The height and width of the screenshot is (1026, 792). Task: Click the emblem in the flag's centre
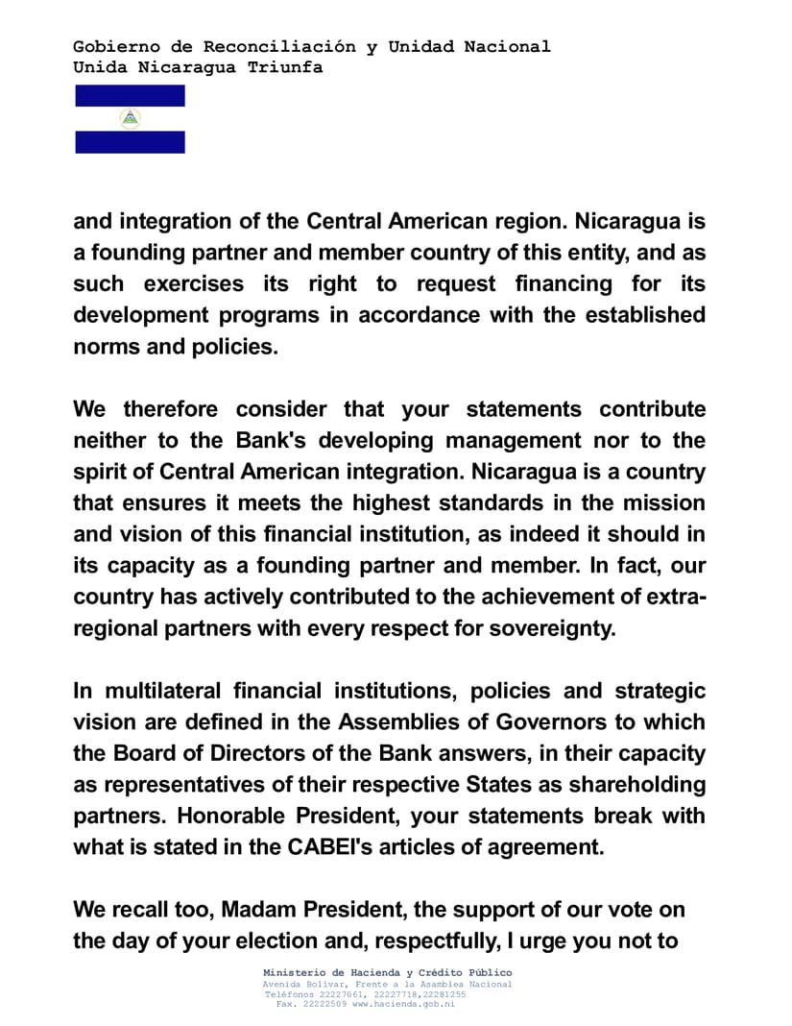[130, 119]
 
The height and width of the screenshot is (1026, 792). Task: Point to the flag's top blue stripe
[130, 95]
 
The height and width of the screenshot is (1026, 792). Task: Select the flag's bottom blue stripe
[130, 142]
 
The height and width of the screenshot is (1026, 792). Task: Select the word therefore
[172, 409]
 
